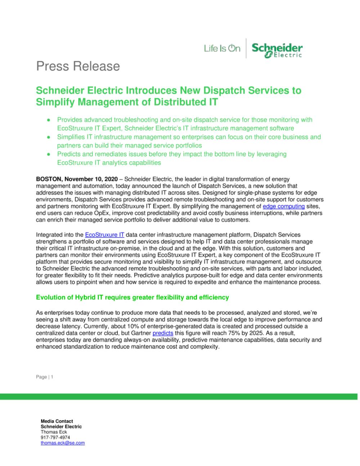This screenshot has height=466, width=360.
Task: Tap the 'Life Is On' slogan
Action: pyautogui.click(x=222, y=48)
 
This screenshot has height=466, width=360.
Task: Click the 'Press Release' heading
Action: pyautogui.click(x=78, y=66)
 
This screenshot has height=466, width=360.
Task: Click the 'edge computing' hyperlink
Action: pyautogui.click(x=284, y=206)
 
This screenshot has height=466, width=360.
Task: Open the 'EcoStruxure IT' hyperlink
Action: pyautogui.click(x=104, y=235)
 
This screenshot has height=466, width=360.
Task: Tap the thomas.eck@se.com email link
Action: pyautogui.click(x=63, y=443)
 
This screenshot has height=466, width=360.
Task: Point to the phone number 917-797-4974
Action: pyautogui.click(x=55, y=438)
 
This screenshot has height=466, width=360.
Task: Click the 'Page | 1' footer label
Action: pyautogui.click(x=45, y=377)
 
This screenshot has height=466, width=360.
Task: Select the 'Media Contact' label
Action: pyautogui.click(x=57, y=421)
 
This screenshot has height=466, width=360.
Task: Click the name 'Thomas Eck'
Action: pyautogui.click(x=54, y=432)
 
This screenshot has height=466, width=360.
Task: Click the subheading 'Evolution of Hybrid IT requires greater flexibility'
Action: pyautogui.click(x=132, y=297)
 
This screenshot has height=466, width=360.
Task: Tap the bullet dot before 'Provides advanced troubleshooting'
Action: pyautogui.click(x=48, y=120)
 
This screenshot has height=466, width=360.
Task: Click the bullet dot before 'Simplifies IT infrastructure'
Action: pyautogui.click(x=48, y=137)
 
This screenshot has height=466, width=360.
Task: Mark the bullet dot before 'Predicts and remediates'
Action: pyautogui.click(x=48, y=154)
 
